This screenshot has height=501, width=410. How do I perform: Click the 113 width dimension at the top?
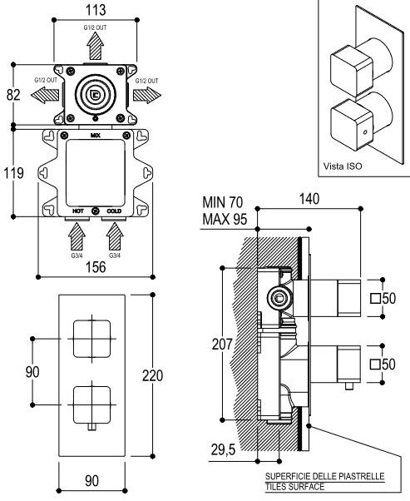[96, 10]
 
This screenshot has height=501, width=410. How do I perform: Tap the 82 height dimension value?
[13, 95]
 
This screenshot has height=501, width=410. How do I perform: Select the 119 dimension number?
[13, 173]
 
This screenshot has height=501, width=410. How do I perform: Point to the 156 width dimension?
[96, 267]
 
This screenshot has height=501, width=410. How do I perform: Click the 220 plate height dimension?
[153, 375]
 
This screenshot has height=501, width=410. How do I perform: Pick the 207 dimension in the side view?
[222, 344]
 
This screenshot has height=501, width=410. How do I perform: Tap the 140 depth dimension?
[309, 199]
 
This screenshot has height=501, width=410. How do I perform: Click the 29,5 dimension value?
[223, 450]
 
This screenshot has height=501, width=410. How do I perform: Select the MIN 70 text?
[223, 202]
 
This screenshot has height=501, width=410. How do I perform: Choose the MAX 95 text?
[225, 219]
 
